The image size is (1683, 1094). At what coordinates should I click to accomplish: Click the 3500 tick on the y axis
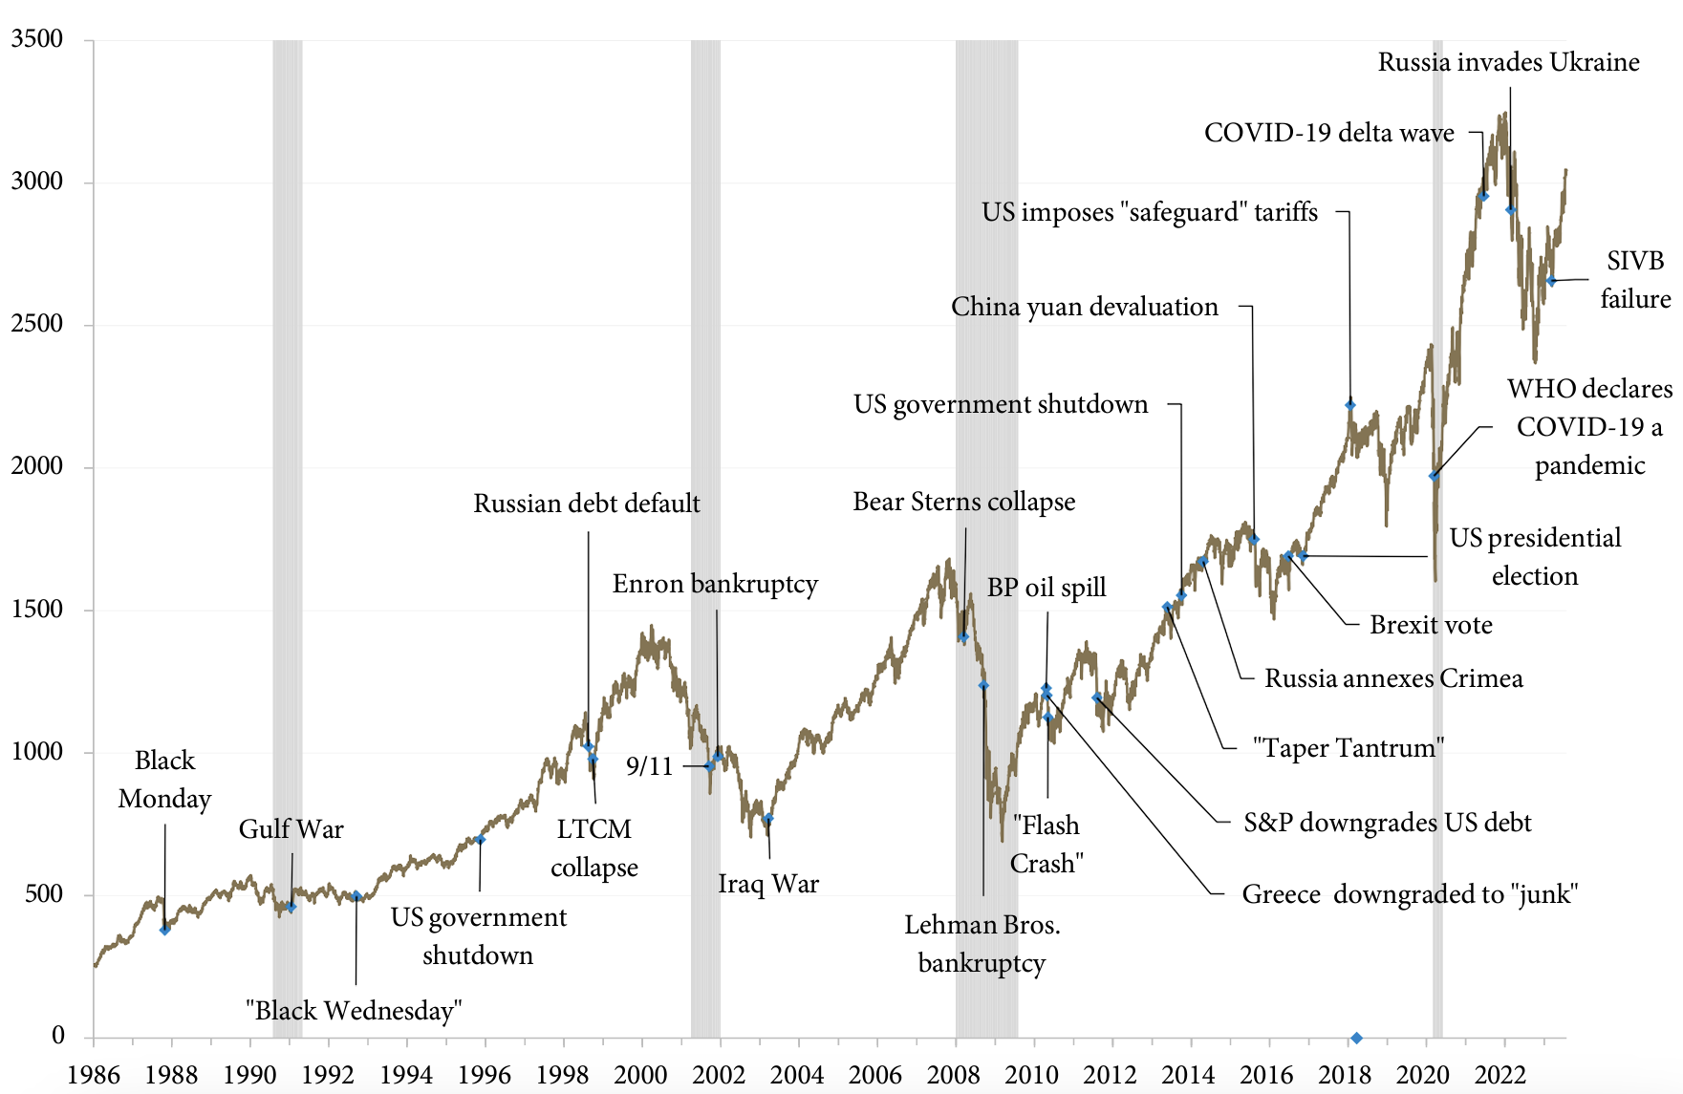point(37,39)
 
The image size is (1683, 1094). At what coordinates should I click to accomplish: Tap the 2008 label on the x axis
point(954,1074)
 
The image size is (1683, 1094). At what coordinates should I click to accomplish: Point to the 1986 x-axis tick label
point(94,1074)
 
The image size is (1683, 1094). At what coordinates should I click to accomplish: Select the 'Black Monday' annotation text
point(164,780)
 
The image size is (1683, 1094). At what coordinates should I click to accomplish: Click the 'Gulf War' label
point(291,829)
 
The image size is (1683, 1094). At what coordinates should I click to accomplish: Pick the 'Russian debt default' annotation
point(587,504)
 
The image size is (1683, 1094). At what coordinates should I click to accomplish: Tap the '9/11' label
point(650,766)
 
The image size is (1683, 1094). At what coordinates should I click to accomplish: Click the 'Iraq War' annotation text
point(768,884)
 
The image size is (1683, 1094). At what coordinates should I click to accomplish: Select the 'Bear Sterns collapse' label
point(963,502)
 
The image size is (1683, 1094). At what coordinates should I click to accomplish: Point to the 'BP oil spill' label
point(1046,588)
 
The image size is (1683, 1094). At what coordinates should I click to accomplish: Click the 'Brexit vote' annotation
point(1431,625)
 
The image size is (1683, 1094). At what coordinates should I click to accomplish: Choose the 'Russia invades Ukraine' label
point(1508,62)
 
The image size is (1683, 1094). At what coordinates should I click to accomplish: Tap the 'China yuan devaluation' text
point(1085,307)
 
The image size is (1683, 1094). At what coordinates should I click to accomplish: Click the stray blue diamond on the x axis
point(1356,1038)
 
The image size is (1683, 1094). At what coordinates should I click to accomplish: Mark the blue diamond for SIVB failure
point(1551,281)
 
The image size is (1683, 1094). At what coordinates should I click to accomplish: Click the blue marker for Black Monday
point(164,929)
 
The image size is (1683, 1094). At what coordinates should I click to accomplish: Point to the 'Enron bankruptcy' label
point(715,584)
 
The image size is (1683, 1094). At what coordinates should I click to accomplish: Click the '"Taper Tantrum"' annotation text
point(1348,748)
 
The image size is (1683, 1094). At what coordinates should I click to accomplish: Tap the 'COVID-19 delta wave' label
point(1328,133)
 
